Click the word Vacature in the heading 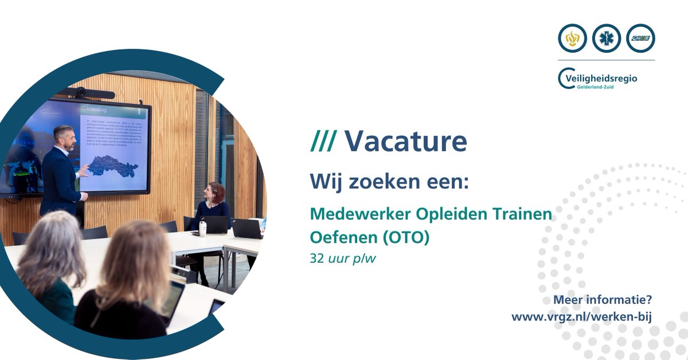pyautogui.click(x=405, y=140)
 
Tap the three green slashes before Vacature pyautogui.click(x=323, y=140)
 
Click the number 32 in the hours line pyautogui.click(x=316, y=258)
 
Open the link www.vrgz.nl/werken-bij pyautogui.click(x=582, y=316)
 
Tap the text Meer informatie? pyautogui.click(x=603, y=300)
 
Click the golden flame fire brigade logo pyautogui.click(x=572, y=38)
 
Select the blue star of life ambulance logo pyautogui.click(x=607, y=38)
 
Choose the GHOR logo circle pyautogui.click(x=640, y=38)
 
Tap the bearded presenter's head pyautogui.click(x=63, y=138)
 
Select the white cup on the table pyautogui.click(x=202, y=228)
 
